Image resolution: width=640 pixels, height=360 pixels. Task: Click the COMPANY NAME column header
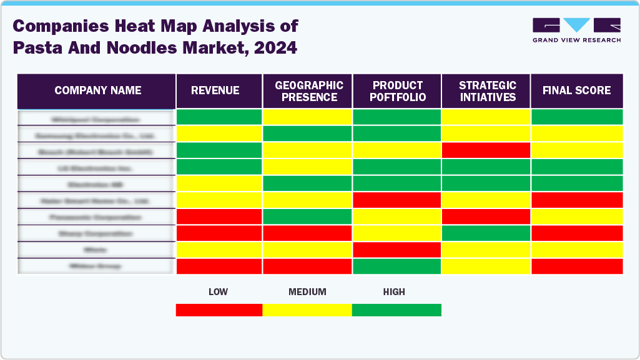97,90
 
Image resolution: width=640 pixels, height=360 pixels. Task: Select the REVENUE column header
215,90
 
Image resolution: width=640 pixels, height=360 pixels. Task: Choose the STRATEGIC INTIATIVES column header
487,91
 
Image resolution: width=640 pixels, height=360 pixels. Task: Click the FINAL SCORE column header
576,90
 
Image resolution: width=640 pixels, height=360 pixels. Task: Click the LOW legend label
218,292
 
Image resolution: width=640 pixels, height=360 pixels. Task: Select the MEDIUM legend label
307,292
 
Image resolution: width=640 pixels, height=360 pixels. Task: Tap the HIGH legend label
394,292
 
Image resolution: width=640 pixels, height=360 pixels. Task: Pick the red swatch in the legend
219,310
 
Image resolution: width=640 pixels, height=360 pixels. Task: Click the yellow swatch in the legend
307,310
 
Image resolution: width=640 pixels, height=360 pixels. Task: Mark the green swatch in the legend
396,310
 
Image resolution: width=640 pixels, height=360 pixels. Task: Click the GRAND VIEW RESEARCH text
576,40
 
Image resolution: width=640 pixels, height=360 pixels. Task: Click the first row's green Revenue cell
219,117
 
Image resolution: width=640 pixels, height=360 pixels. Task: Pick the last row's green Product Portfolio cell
396,266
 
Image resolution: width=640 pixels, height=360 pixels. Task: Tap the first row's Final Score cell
576,117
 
